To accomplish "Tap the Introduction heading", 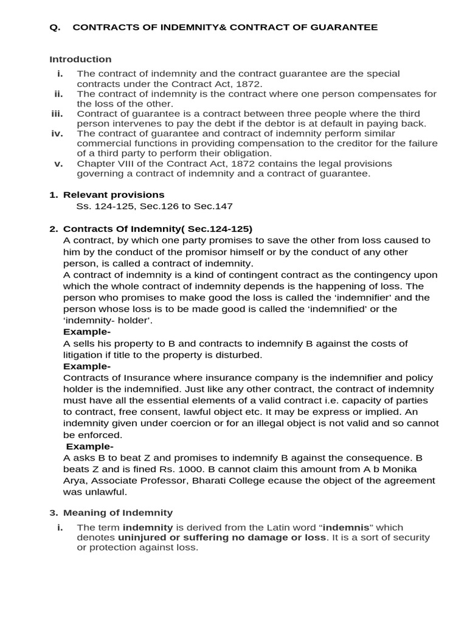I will pyautogui.click(x=80, y=59).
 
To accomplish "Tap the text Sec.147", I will pyautogui.click(x=213, y=206).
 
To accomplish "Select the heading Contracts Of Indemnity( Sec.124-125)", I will pyautogui.click(x=157, y=229).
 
